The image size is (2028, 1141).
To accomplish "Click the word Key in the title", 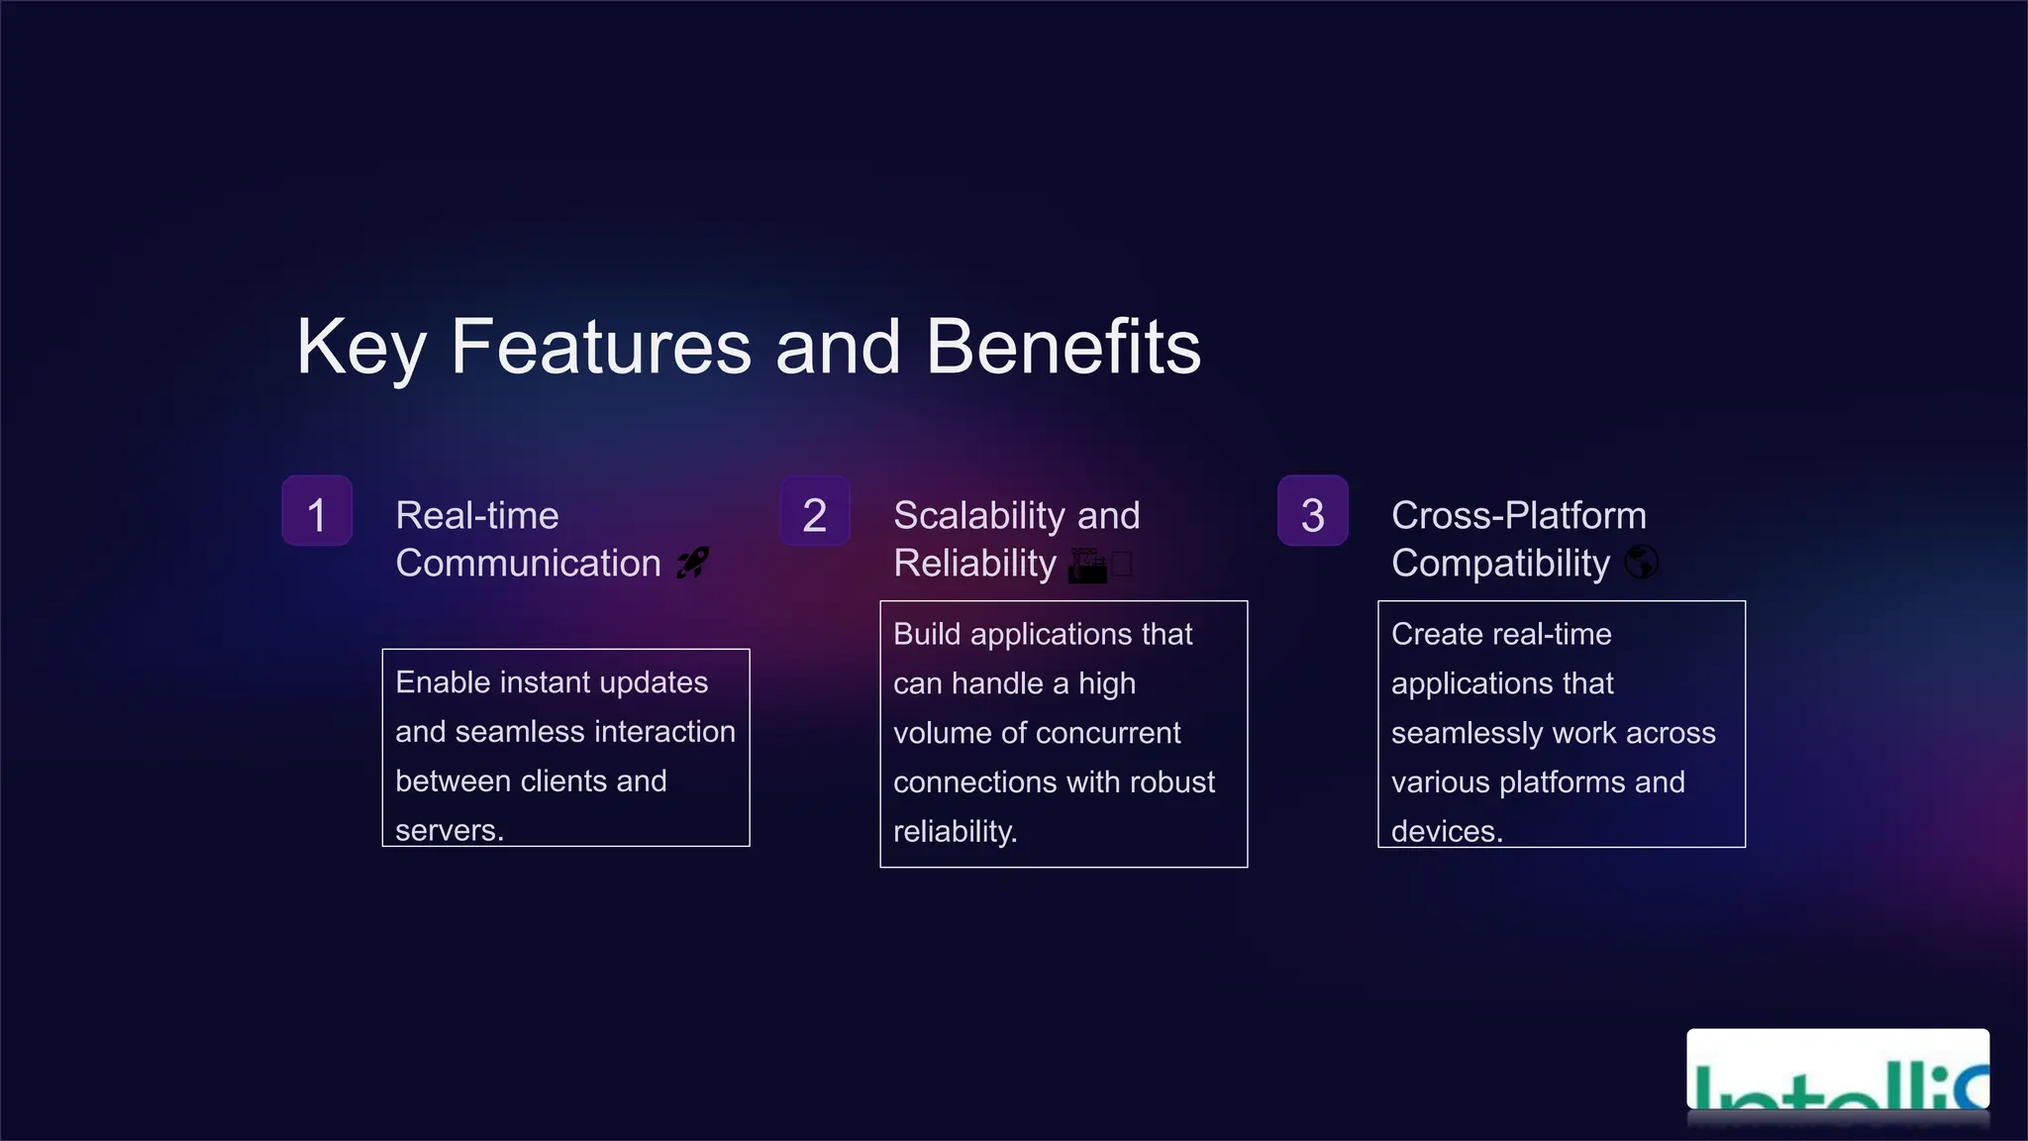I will (360, 348).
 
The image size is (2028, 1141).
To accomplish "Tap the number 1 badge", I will (317, 511).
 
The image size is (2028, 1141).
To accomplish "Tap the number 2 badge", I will (815, 511).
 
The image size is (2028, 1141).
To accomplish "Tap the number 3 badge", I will (1313, 511).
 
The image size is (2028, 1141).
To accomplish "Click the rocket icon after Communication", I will (693, 563).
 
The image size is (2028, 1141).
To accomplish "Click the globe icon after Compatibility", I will (1641, 563).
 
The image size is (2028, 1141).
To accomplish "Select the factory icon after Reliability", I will (1088, 565).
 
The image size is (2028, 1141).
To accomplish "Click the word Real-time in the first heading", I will (477, 516).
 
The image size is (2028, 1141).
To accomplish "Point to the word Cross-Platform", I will (1518, 516).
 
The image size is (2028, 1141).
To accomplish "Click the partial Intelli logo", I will (1838, 1075).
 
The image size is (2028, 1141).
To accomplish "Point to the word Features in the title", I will (601, 348).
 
